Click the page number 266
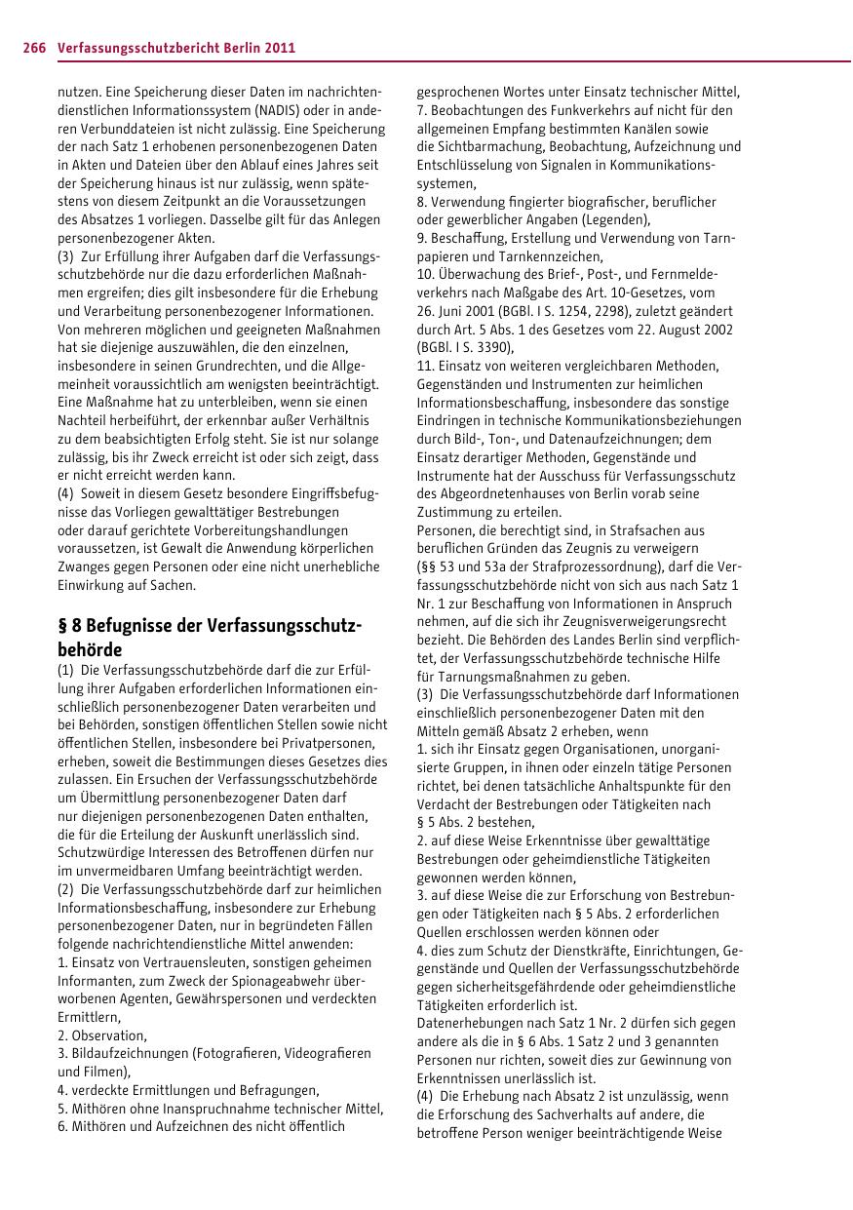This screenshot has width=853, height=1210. pyautogui.click(x=35, y=47)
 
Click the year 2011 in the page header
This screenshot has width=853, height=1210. pyautogui.click(x=278, y=47)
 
